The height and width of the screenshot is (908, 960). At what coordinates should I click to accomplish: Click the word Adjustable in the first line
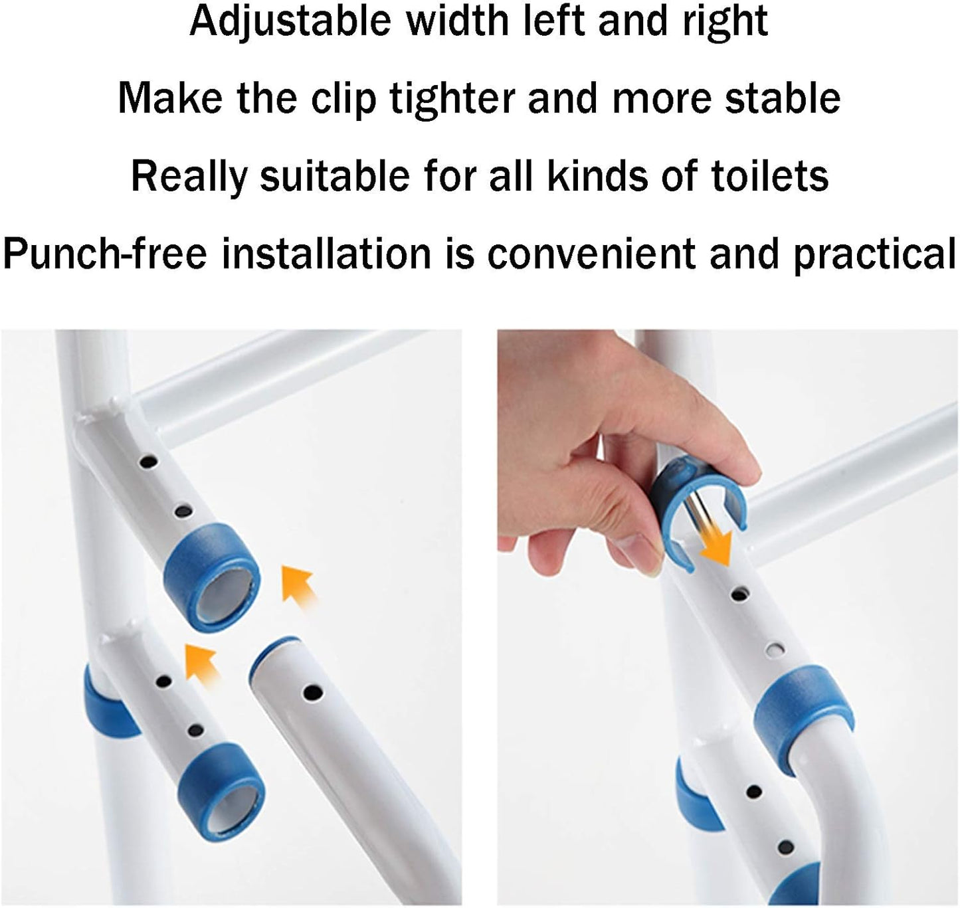pos(290,21)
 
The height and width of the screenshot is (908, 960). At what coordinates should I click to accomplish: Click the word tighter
pos(452,98)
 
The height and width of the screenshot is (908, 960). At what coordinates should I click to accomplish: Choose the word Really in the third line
pos(188,176)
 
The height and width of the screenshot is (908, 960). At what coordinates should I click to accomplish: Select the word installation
pos(326,254)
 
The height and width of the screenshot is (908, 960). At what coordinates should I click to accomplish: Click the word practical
pos(874,254)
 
